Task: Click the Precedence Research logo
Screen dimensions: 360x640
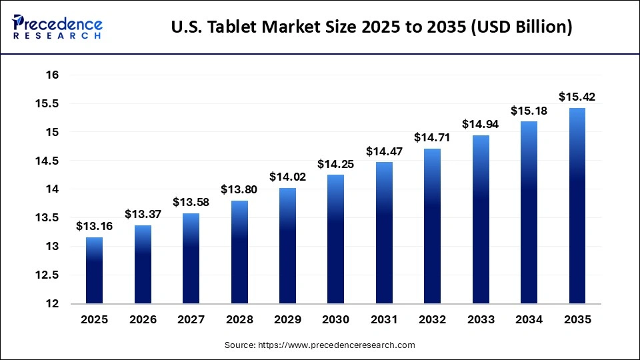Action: click(57, 27)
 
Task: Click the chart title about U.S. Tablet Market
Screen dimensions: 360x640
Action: click(371, 27)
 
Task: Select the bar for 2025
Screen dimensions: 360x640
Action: click(94, 270)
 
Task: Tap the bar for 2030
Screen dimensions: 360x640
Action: click(335, 239)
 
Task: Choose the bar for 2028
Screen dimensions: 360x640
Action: click(239, 252)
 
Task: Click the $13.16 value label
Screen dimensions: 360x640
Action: click(94, 227)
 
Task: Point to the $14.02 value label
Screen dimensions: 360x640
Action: click(287, 177)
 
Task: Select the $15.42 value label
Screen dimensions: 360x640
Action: click(577, 97)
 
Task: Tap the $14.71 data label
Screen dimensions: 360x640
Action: click(432, 137)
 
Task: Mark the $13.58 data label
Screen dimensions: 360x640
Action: click(191, 202)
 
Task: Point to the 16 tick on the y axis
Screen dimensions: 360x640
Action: click(53, 75)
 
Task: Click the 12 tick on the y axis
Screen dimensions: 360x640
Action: click(53, 304)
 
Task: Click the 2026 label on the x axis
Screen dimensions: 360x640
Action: click(143, 319)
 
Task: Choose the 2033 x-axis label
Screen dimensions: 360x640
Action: click(480, 319)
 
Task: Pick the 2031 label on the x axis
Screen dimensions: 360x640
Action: click(384, 319)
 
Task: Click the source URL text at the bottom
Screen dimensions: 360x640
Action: click(319, 345)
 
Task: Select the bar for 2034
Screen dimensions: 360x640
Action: click(529, 212)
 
